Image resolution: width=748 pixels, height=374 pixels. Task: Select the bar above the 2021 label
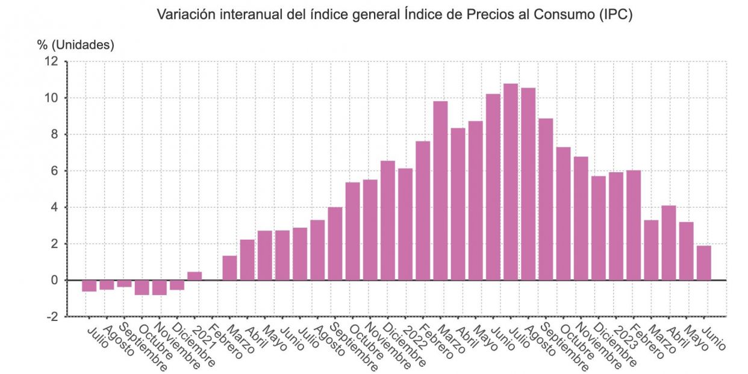195,276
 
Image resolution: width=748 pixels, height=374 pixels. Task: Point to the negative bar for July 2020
89,285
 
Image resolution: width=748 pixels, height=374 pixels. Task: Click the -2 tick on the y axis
52,317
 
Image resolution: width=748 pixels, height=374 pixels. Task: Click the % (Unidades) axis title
76,45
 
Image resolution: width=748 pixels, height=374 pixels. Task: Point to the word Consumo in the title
565,15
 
